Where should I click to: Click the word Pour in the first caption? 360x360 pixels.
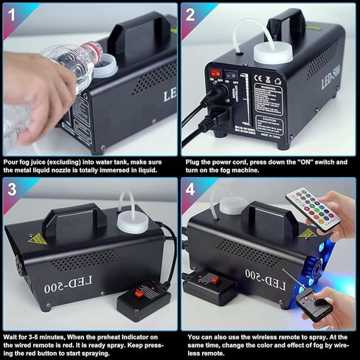(x=12, y=161)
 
